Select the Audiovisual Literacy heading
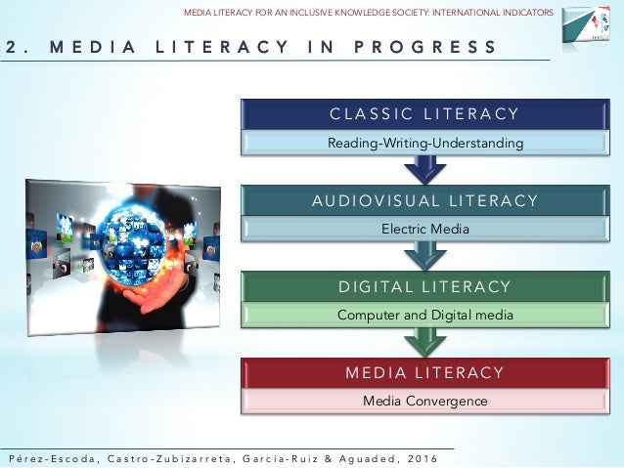[423, 200]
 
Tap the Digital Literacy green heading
[423, 286]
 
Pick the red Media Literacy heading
[423, 372]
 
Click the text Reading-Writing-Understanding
[423, 144]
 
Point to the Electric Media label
[423, 230]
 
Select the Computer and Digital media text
[423, 315]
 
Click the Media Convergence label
[423, 401]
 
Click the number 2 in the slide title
[8, 47]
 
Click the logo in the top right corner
[589, 26]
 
